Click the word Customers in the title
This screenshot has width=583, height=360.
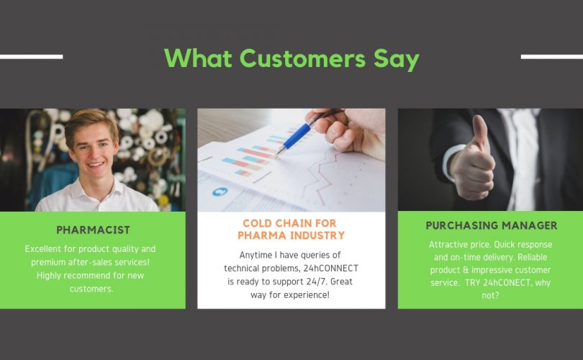302,58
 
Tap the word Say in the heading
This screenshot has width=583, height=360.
397,60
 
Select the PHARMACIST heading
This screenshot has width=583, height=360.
93,230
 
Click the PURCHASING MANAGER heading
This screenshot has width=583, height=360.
491,225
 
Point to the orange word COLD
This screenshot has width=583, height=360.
258,223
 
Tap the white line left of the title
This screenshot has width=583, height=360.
31,57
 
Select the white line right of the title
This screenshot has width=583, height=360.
552,57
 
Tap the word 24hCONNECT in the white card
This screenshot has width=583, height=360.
331,268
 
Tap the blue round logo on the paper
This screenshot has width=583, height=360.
220,192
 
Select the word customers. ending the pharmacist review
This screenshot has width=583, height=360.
91,289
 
